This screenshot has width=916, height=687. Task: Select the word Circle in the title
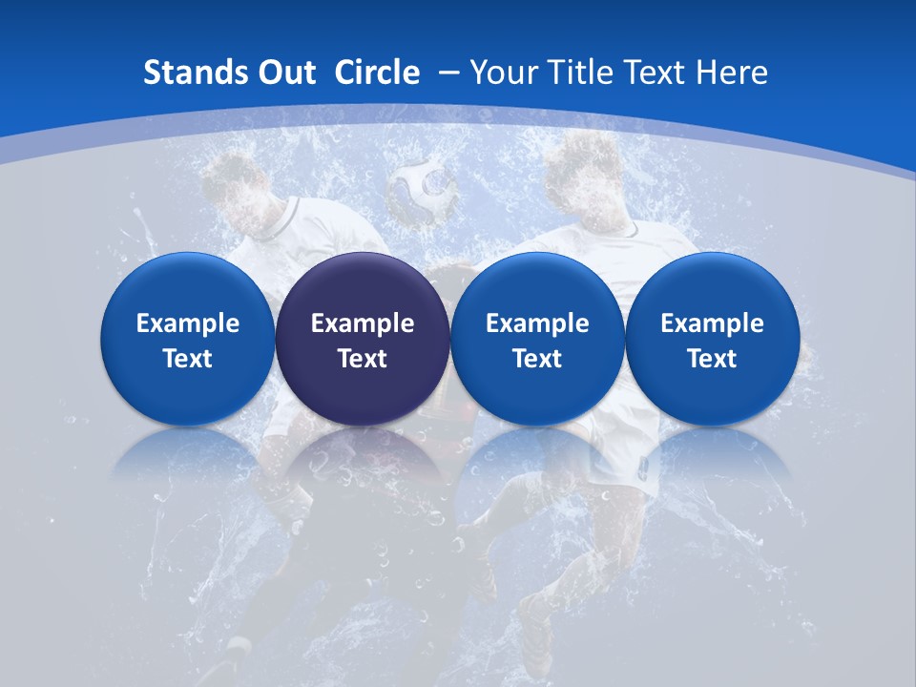[377, 73]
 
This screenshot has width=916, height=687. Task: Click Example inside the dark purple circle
[363, 323]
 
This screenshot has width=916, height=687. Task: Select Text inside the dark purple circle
[363, 359]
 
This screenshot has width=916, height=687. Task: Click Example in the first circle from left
[188, 323]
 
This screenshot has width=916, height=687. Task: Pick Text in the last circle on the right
[712, 359]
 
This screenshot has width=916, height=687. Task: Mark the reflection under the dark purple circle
[363, 458]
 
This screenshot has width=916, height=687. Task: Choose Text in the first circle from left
[188, 359]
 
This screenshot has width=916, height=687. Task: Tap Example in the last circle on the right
[712, 323]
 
